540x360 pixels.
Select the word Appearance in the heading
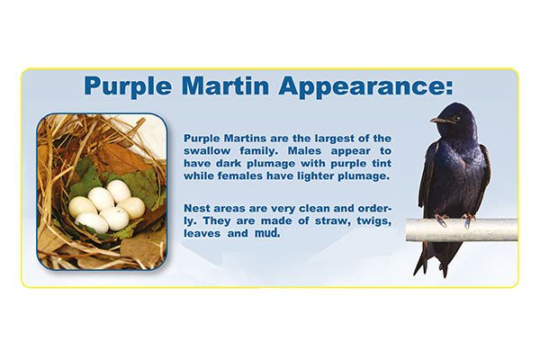point(364,86)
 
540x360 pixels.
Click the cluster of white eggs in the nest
point(105,207)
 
